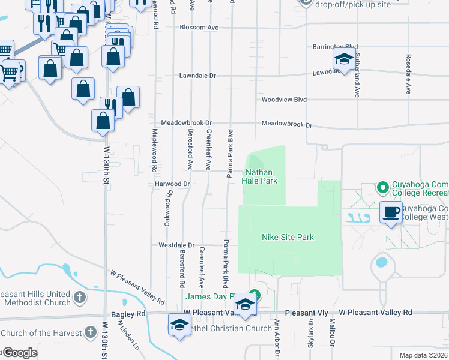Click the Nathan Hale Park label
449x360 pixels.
(260, 176)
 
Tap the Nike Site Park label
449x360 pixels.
(288, 237)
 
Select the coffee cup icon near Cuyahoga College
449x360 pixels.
(391, 212)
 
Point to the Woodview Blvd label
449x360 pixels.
(283, 100)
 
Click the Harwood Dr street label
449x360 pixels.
(172, 184)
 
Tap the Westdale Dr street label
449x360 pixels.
(176, 245)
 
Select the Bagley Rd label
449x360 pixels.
(128, 314)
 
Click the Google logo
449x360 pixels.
(19, 353)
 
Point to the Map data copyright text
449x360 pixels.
(424, 355)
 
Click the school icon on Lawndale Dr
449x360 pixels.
(344, 59)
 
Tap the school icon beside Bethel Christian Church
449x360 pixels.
(179, 324)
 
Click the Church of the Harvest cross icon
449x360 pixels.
(90, 332)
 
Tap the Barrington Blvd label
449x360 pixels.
(334, 47)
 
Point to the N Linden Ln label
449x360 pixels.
(128, 336)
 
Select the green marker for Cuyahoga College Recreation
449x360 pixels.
(383, 188)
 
